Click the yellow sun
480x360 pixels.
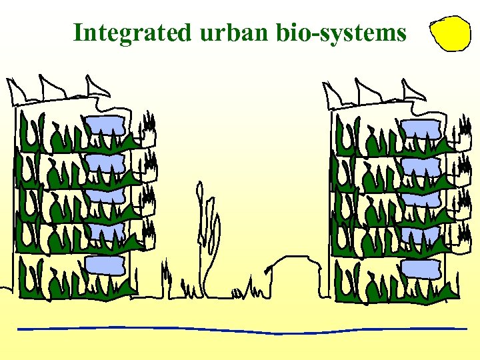click(451, 34)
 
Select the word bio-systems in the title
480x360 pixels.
click(339, 32)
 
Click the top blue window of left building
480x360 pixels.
click(105, 125)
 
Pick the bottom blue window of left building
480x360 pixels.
click(105, 265)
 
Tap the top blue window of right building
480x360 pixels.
click(421, 129)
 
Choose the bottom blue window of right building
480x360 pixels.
click(421, 269)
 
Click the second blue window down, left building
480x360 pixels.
click(105, 163)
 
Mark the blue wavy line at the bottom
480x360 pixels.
click(240, 329)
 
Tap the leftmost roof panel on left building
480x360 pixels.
click(16, 89)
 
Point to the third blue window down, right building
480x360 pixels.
click(421, 199)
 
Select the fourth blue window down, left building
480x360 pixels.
click(105, 231)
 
